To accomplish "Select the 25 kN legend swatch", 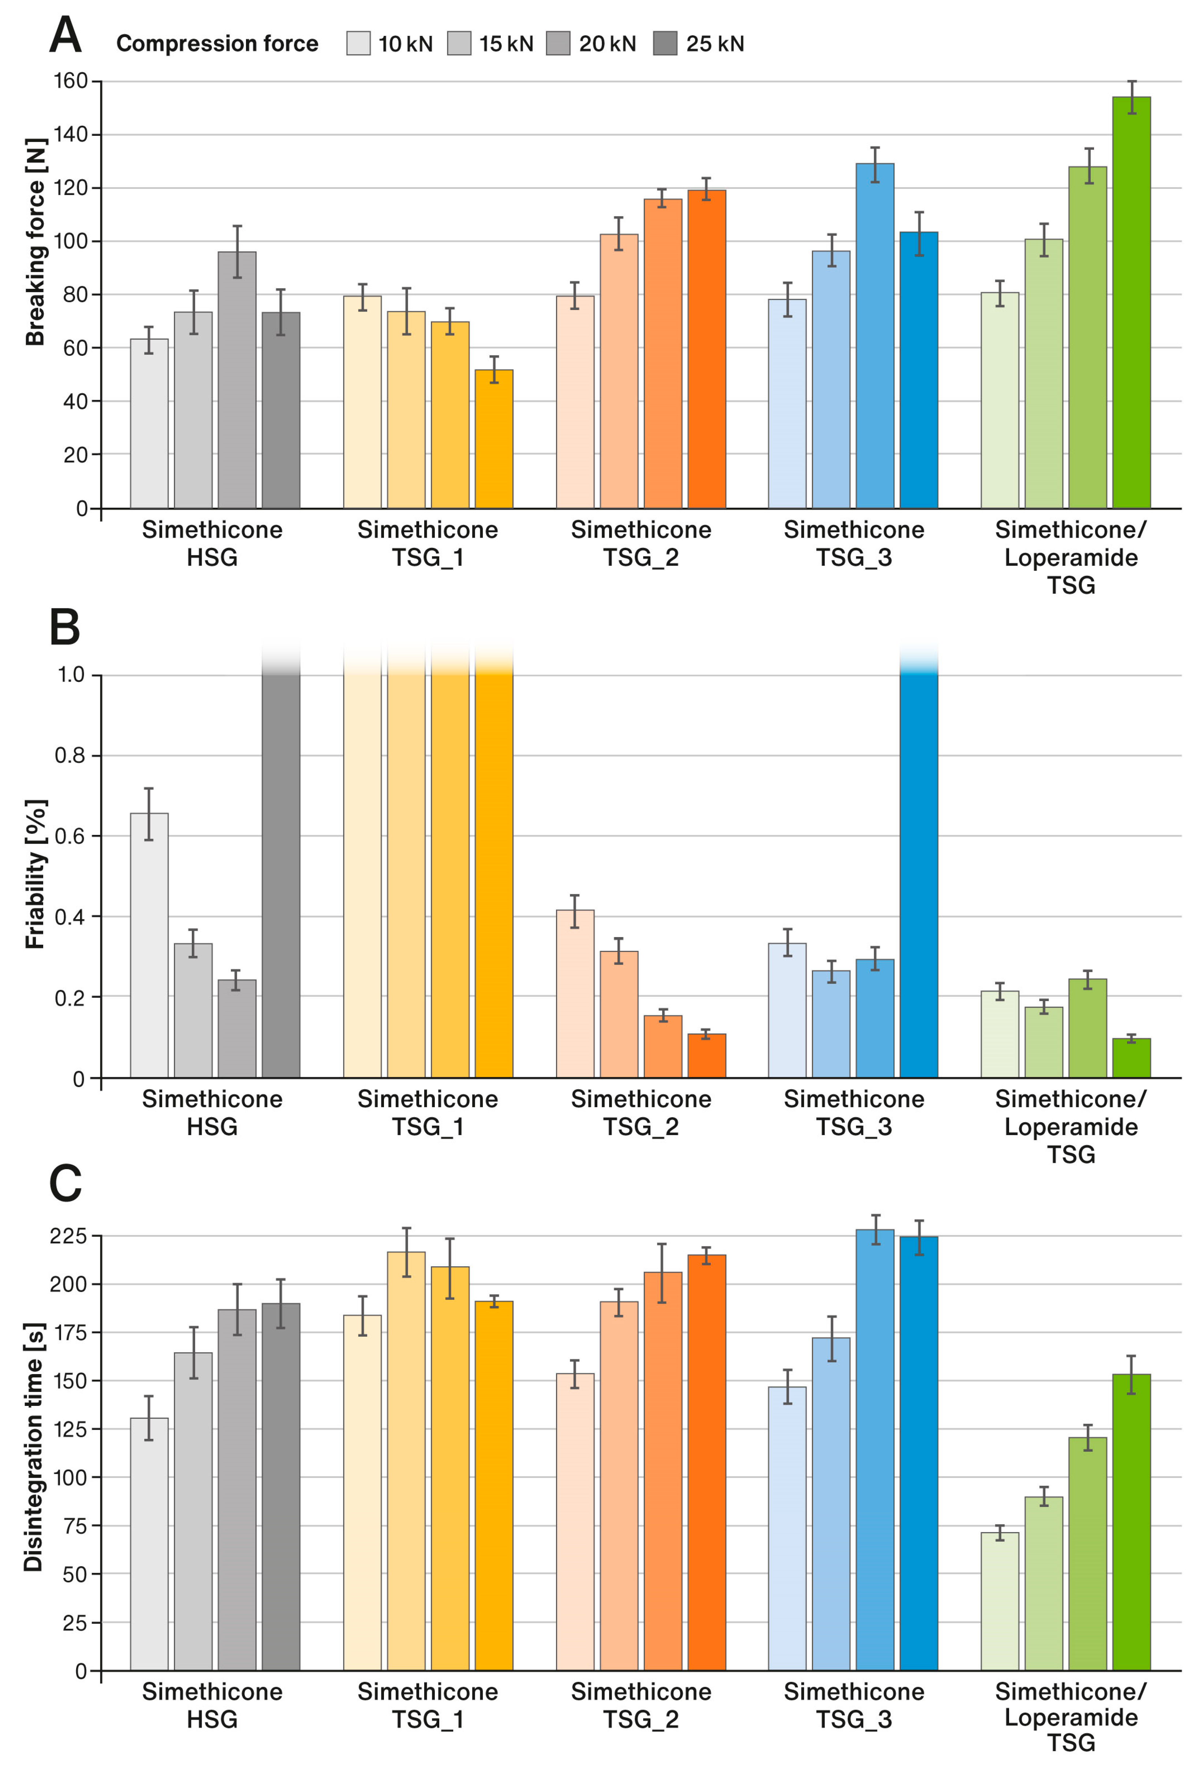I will click(664, 44).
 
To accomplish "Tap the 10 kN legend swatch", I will click(358, 44).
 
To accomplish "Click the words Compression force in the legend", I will click(217, 44).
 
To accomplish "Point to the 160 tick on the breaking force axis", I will click(70, 81).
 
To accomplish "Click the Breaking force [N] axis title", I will click(35, 242).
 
